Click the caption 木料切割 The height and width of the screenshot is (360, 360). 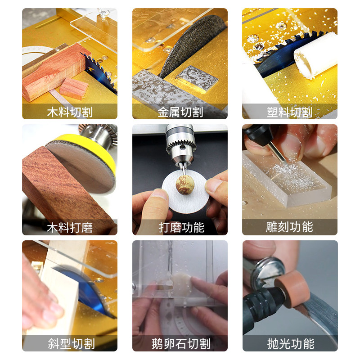(x=70, y=112)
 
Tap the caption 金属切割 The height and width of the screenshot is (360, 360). (x=180, y=112)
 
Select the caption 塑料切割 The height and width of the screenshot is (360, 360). (x=290, y=112)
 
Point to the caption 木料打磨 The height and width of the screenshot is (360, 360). (x=70, y=228)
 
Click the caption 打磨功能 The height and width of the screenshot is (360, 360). (x=181, y=228)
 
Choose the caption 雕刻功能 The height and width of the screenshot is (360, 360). (x=290, y=227)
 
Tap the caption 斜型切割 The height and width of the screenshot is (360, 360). (x=71, y=344)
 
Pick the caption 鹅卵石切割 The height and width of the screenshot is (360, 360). (x=181, y=344)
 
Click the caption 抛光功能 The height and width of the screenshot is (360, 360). (x=291, y=344)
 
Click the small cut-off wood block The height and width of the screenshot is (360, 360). (x=74, y=88)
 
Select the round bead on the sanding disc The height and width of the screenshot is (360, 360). (x=185, y=184)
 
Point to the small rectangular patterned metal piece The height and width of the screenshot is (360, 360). (x=197, y=78)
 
